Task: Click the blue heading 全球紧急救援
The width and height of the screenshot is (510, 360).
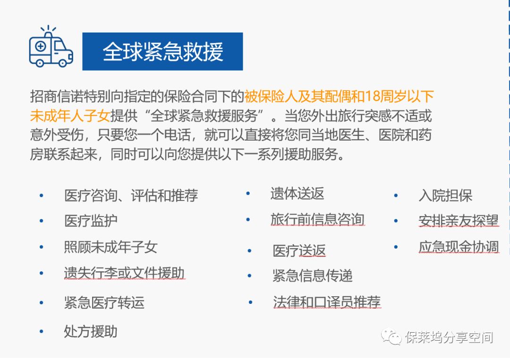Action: (x=162, y=51)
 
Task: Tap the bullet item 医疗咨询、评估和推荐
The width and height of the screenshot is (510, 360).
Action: (x=131, y=196)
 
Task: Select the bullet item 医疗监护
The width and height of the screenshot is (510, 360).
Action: (x=91, y=221)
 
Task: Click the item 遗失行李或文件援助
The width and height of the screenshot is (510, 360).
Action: (x=124, y=273)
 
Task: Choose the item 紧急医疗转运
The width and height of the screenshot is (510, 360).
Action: (x=104, y=302)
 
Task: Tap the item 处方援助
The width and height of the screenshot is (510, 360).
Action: (x=91, y=331)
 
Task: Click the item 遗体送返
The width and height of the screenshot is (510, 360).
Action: (x=297, y=193)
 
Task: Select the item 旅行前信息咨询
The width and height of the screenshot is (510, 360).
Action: (x=317, y=220)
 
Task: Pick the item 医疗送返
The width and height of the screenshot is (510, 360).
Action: (x=299, y=251)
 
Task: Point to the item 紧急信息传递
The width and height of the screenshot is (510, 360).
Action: (x=313, y=276)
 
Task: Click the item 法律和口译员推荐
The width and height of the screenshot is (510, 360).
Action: (x=327, y=302)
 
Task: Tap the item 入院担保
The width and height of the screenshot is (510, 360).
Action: (x=446, y=196)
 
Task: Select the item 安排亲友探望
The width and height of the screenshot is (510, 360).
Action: (x=459, y=221)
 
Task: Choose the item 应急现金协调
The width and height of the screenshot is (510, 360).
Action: (x=459, y=247)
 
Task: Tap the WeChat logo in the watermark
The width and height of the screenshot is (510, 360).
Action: (x=391, y=336)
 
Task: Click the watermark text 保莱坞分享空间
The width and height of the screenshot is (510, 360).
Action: (x=449, y=337)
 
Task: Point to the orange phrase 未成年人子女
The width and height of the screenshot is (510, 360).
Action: (x=70, y=116)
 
